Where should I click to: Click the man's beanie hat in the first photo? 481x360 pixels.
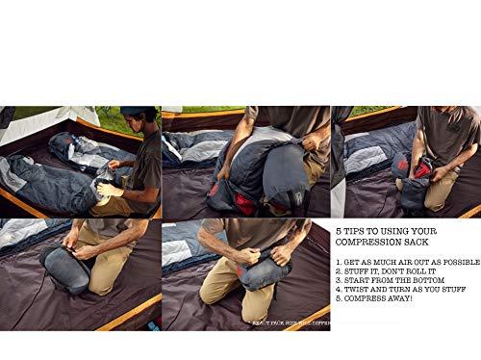[x=138, y=113]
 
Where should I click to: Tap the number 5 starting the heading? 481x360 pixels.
[x=339, y=232]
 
